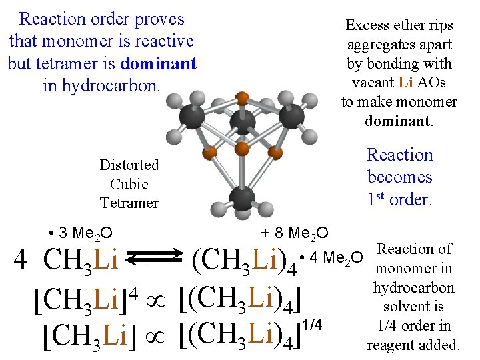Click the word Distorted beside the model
129,165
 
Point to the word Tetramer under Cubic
129,203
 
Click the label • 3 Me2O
81,233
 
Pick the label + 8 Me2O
295,233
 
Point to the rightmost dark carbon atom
291,116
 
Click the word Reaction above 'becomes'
400,155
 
